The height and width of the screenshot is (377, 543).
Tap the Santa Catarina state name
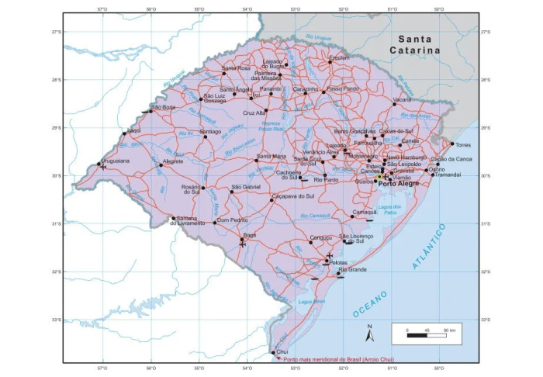coord(418,44)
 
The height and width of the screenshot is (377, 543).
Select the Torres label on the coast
coord(464,145)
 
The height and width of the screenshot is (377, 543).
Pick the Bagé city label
coord(249,233)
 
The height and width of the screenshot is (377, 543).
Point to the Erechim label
coord(340,57)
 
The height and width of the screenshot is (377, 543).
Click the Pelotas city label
coord(338,262)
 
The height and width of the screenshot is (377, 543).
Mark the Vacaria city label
coord(402,99)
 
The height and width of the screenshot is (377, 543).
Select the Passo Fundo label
coord(343,88)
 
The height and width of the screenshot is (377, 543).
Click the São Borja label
coord(163,107)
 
